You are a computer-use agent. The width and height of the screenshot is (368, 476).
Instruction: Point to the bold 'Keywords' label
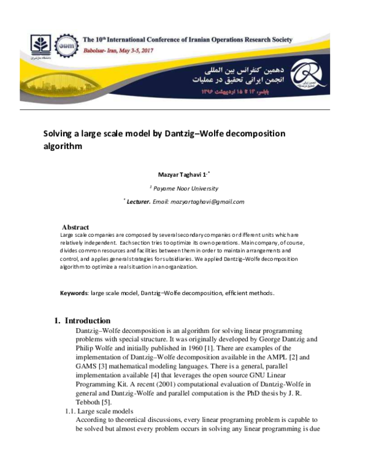tap(74, 293)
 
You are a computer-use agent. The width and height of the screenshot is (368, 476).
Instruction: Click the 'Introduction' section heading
tap(87, 321)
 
